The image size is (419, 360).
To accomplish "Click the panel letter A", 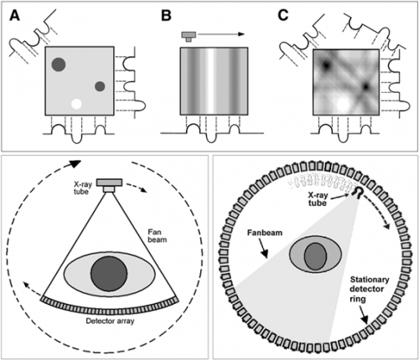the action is [x=14, y=16].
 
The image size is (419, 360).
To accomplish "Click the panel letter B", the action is [x=166, y=16].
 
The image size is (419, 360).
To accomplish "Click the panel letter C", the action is [x=283, y=16].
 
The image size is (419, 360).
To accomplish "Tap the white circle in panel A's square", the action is [x=76, y=104].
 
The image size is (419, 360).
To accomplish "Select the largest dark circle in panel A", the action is [x=59, y=64].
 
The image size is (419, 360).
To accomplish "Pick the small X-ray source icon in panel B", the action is [x=189, y=36].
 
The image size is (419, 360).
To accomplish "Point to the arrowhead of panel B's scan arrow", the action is [x=241, y=34].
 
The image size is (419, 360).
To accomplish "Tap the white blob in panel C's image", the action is [x=344, y=105].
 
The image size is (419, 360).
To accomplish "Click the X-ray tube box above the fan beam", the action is [x=109, y=185].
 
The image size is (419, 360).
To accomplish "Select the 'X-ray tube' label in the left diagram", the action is [x=83, y=188].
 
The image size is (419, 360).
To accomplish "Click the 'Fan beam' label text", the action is [x=158, y=236].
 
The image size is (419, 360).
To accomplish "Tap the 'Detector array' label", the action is [x=110, y=321].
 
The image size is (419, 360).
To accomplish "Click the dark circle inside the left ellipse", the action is [x=109, y=274].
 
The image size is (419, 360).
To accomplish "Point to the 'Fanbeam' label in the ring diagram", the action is [x=265, y=233].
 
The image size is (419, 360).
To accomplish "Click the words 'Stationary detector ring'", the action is [x=370, y=289].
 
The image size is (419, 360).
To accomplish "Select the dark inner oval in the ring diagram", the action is [x=315, y=256].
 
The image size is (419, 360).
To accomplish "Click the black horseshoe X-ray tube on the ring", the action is [x=358, y=193].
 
